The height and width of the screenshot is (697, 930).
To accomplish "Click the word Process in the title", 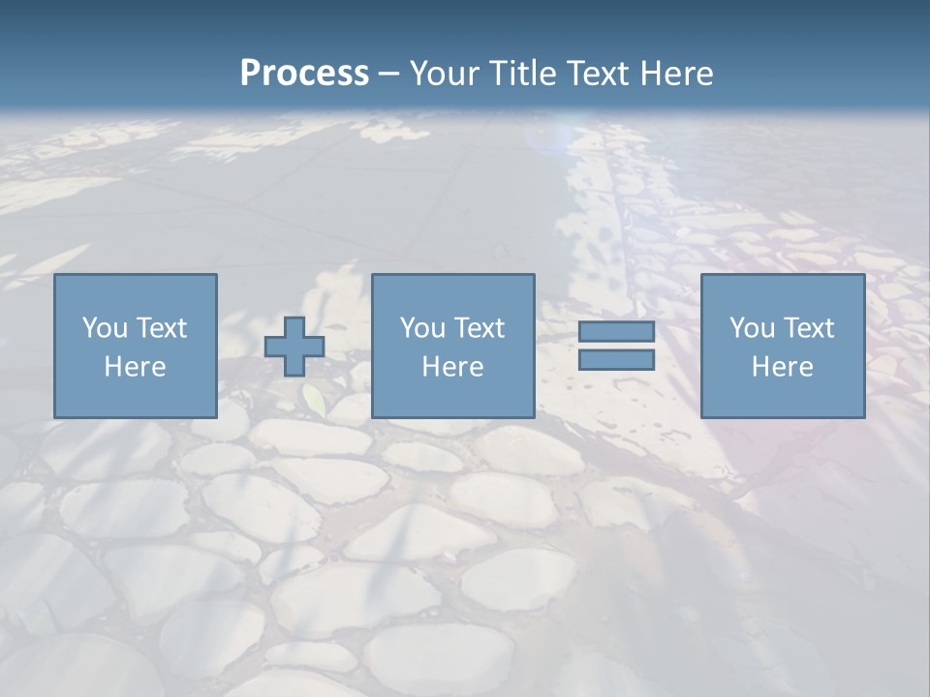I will coord(304,74).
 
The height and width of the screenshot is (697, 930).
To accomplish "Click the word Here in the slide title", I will coord(679,74).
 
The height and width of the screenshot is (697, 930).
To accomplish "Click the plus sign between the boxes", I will coord(294,347).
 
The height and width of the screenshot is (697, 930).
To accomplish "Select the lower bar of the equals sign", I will coord(616,360).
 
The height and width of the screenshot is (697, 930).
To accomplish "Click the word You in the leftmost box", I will coord(105,328).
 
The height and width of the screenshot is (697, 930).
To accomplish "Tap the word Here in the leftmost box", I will coord(136,367).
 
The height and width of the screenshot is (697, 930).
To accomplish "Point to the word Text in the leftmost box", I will coord(161,328).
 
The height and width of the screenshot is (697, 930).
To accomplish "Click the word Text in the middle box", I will coord(479,328).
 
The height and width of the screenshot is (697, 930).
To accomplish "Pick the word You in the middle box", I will coord(422,328).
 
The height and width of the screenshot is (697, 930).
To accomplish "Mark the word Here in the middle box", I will coord(453,367).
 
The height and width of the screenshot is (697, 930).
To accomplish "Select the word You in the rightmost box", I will coord(752,328).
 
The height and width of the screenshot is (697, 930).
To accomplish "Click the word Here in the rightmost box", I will coord(783,367).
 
